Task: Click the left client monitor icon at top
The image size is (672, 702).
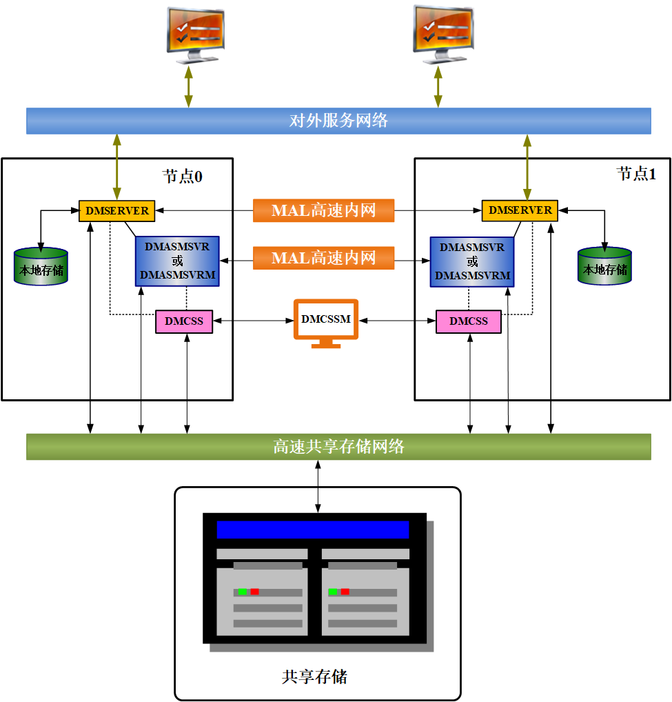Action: coord(195,35)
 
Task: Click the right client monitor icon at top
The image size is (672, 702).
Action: coord(443,34)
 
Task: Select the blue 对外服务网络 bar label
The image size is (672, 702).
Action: coord(338,121)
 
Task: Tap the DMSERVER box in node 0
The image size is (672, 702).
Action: coord(116,211)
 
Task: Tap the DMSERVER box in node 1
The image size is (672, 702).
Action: coord(520,210)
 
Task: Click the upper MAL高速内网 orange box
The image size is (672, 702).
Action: coord(323,210)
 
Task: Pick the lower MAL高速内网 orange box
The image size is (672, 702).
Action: coord(323,258)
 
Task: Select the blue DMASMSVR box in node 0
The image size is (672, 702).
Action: coord(177,261)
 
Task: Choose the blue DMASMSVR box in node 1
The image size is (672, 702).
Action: coord(472,262)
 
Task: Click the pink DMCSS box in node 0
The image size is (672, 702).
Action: coord(184,321)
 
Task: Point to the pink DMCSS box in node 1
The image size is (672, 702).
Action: coord(469,321)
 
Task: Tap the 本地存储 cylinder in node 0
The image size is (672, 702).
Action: coord(41,266)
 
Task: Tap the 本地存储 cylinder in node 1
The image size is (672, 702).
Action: coord(604,266)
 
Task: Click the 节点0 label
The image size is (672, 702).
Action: coord(182,177)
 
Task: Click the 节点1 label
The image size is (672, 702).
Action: coord(636,174)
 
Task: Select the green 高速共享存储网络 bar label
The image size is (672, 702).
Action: coord(338,446)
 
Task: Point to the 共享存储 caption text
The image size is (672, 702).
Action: coord(314,676)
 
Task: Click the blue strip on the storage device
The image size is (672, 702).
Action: coord(313,530)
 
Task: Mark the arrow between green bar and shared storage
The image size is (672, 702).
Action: coord(318,487)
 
